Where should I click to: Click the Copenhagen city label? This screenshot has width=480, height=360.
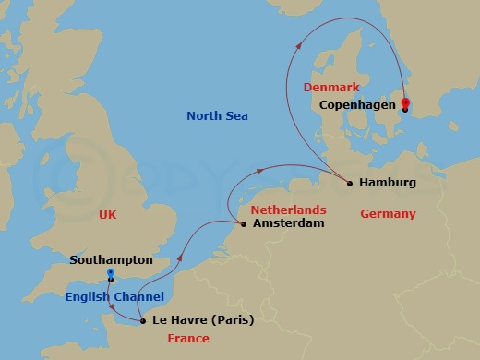(x=356, y=106)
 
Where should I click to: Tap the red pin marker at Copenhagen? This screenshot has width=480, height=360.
(x=405, y=104)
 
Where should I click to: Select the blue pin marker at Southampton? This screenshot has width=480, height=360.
(x=110, y=275)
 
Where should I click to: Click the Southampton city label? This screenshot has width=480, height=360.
(x=111, y=260)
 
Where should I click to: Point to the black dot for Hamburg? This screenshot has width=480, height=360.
(x=350, y=183)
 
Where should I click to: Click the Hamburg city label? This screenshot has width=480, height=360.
(x=390, y=183)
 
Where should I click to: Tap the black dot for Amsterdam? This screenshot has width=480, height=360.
(x=243, y=223)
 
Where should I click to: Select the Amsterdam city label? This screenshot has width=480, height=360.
(x=288, y=224)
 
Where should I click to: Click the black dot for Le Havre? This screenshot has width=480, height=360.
(x=142, y=321)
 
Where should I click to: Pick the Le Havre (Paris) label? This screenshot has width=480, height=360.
(x=202, y=321)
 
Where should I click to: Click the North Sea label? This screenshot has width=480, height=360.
(x=218, y=116)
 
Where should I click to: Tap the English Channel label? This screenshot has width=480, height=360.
(x=114, y=297)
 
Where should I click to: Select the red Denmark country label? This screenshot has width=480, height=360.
(x=331, y=88)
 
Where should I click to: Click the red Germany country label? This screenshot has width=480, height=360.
(x=389, y=214)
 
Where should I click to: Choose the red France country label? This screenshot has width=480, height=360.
(x=188, y=339)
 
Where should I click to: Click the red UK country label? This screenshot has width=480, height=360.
(x=109, y=215)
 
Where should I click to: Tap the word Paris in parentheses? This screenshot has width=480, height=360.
(x=232, y=321)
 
